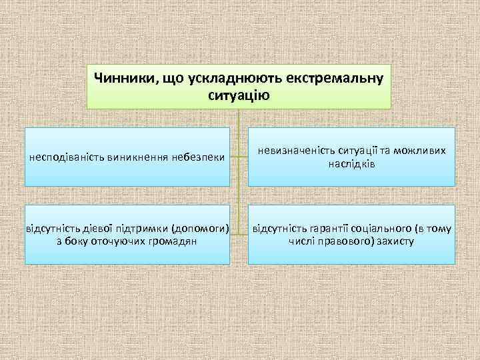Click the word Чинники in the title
[x=123, y=79]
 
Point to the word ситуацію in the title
[x=239, y=95]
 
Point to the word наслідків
[x=351, y=164]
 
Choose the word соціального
[x=382, y=229]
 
